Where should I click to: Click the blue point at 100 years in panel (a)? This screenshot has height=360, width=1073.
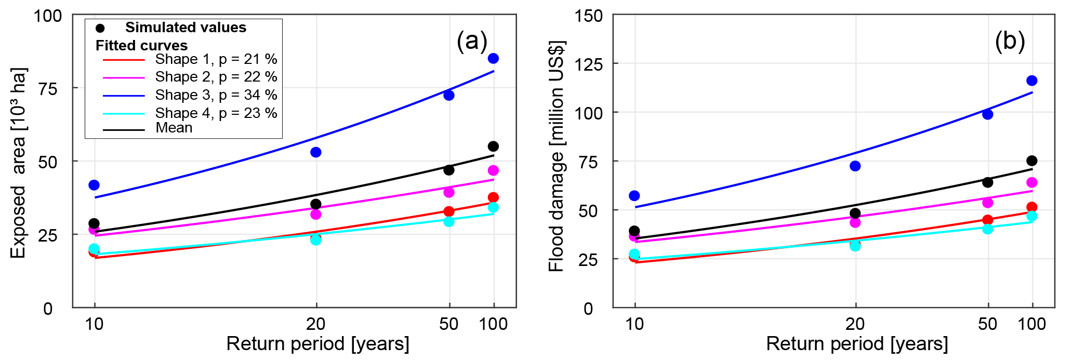pos(493,58)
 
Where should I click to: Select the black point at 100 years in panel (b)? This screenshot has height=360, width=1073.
pos(1032,161)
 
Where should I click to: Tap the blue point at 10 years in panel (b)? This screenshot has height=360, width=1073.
pos(634,196)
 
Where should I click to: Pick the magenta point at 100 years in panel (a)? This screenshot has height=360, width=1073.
pos(493,170)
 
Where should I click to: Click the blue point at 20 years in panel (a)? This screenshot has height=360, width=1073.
pos(315,152)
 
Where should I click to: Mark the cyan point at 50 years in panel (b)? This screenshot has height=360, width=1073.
pos(987,229)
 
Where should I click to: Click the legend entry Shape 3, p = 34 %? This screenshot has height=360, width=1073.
pos(216,95)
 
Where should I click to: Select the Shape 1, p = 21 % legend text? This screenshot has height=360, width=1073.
pos(216,59)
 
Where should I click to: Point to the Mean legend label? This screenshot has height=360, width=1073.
pos(174,128)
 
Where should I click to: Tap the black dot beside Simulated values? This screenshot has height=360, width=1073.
pos(100,28)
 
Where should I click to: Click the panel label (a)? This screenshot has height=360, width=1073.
pos(472,41)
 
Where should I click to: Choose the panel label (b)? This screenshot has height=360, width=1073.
pos(1010,41)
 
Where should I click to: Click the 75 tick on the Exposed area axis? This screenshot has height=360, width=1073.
pos(48,88)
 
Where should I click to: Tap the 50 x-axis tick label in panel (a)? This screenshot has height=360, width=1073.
pos(449,324)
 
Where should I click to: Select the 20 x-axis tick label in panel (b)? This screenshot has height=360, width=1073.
pos(855,324)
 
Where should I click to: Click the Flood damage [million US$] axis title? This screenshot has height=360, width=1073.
pos(556,156)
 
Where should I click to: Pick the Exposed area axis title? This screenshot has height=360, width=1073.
pos(18,163)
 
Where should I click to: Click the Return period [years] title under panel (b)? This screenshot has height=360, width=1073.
pos(857,344)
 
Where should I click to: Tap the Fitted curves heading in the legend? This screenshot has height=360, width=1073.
pos(141,46)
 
